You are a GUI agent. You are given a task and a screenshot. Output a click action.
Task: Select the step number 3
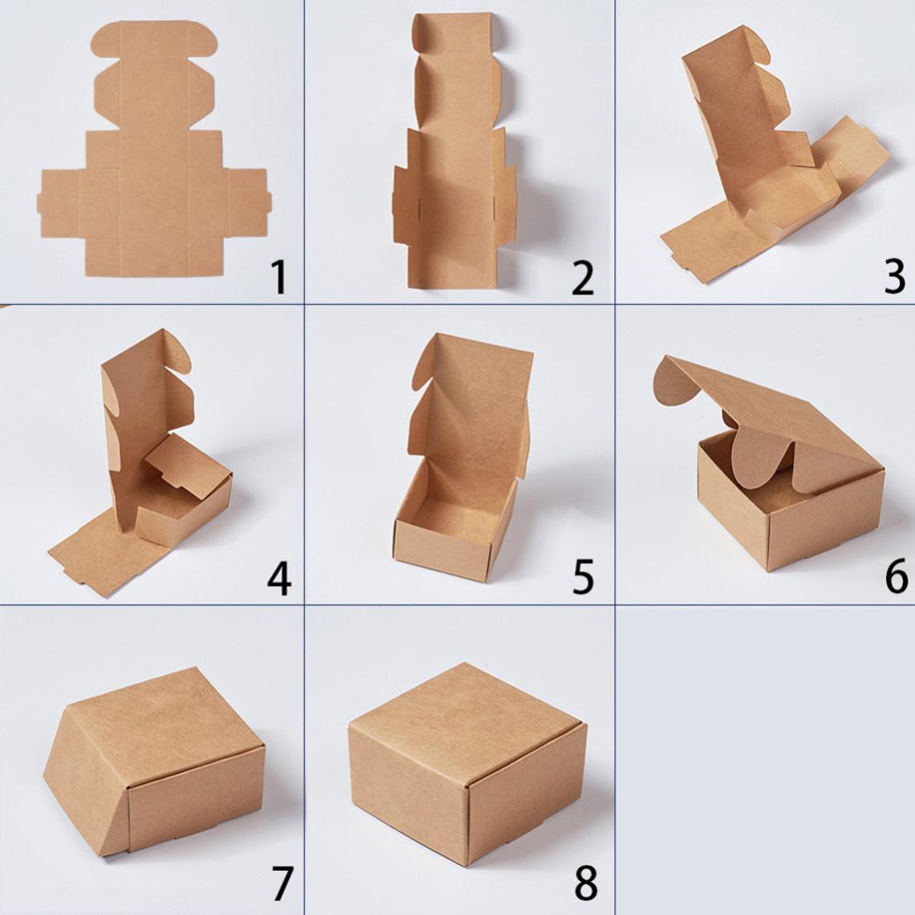[895, 277]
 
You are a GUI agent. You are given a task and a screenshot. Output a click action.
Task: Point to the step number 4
[279, 578]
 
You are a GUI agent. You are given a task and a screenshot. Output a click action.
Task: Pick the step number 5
[583, 578]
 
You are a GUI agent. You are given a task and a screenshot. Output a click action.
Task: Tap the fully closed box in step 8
[467, 764]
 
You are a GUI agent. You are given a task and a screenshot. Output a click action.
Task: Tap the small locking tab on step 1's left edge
[39, 203]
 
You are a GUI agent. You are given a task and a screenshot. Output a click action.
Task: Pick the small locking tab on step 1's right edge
[269, 203]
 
